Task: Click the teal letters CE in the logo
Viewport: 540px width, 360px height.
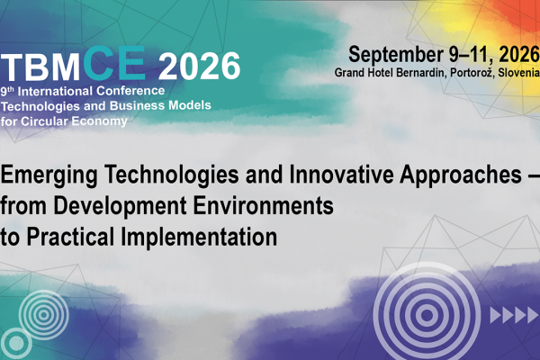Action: click(114, 63)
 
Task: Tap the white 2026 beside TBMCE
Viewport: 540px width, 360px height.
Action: click(199, 66)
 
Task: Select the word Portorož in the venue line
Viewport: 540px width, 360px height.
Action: click(472, 72)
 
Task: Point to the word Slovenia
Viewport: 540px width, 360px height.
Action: click(518, 72)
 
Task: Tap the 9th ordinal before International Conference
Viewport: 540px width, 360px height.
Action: click(7, 91)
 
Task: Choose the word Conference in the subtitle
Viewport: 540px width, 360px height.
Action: click(130, 91)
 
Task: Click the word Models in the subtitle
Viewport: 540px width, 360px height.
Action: click(190, 105)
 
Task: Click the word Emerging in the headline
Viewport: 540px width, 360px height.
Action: click(49, 175)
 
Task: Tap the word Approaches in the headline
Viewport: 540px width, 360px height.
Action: click(461, 175)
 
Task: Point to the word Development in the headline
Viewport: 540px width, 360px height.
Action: click(120, 207)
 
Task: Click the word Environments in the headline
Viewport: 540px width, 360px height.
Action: click(263, 205)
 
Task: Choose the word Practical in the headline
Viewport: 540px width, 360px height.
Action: click(70, 237)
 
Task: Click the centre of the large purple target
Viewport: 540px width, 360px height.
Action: click(427, 314)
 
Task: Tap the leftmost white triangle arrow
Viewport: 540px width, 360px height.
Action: click(496, 315)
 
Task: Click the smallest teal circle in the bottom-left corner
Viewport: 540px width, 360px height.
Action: click(16, 343)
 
